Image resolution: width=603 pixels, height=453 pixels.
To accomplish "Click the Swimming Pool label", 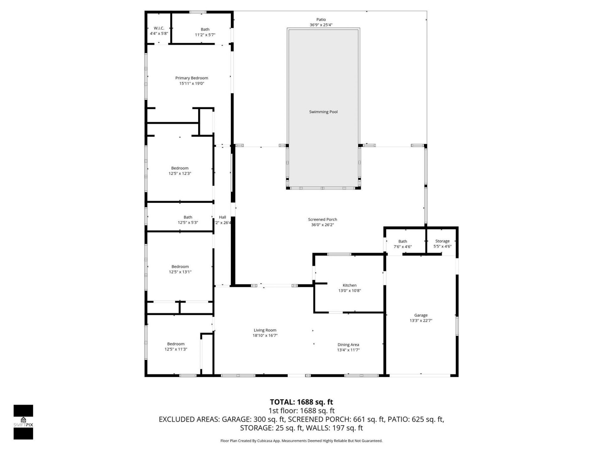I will [x=323, y=112].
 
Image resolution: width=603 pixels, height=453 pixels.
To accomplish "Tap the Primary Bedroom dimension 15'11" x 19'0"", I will [x=192, y=83].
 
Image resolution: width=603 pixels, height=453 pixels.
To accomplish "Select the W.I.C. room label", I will [x=159, y=28].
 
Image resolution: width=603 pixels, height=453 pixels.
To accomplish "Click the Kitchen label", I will [x=349, y=285].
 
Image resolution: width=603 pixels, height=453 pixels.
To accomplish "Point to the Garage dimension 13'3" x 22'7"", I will [x=421, y=321].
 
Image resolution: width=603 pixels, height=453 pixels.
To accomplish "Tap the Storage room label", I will [x=442, y=241].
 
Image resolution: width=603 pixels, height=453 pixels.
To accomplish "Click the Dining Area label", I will [x=348, y=344].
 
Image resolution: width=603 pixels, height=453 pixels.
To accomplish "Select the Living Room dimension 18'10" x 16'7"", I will [x=265, y=335].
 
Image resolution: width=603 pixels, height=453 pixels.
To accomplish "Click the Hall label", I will [x=222, y=217].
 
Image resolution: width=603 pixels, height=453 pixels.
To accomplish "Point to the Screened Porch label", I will [x=322, y=219].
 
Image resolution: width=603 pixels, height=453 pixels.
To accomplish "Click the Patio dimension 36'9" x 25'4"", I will [x=321, y=25].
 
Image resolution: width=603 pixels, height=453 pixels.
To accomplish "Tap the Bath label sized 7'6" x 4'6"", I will [x=403, y=241].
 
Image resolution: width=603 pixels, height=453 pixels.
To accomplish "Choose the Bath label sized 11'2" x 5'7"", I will [x=205, y=29].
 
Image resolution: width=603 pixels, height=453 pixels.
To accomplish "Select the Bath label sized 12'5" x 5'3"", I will [x=188, y=217].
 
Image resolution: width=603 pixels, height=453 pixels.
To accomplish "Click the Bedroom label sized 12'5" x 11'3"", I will [x=176, y=344].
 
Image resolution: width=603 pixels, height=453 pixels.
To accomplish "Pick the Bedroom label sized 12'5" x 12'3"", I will [x=180, y=168].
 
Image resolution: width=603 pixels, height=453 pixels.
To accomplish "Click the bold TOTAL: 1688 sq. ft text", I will [x=301, y=402].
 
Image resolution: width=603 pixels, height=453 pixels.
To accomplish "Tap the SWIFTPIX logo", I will [x=23, y=422].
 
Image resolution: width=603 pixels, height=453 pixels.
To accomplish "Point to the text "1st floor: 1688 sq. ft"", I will [x=301, y=411].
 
